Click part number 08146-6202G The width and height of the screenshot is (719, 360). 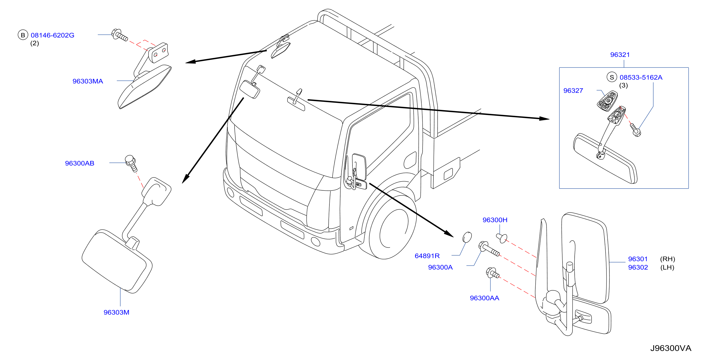pos(52,35)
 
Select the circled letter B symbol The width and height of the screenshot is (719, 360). pos(23,35)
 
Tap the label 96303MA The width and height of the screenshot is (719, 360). pos(88,81)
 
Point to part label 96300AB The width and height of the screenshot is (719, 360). pos(80,163)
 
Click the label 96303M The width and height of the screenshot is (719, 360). pos(116,312)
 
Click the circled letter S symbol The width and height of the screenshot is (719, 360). pos(612,77)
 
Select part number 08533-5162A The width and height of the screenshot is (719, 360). pos(641,77)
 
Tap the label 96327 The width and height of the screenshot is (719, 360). pos(573,91)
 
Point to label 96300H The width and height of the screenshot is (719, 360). pos(495,220)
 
